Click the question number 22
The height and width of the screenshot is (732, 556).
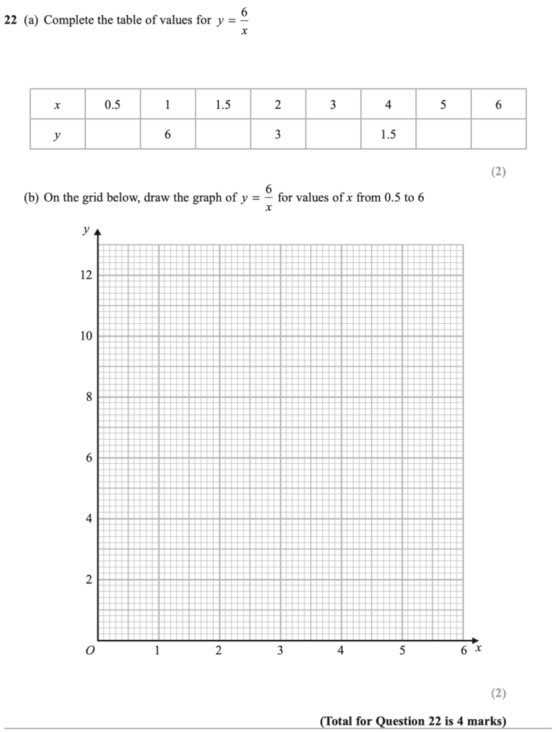point(10,20)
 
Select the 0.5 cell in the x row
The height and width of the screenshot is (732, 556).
point(112,104)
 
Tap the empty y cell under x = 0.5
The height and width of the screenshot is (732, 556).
point(112,134)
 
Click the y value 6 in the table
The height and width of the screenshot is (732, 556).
point(167,134)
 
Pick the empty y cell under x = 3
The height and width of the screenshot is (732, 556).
point(333,134)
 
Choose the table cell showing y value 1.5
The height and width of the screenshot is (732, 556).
point(388,134)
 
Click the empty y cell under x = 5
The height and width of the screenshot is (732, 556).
point(443,134)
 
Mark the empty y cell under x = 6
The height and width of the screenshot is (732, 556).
point(498,134)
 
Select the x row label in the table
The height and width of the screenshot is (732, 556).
point(57,104)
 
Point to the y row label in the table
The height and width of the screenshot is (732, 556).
point(57,134)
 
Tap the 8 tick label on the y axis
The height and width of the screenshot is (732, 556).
point(89,397)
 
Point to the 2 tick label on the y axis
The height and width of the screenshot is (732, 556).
point(89,580)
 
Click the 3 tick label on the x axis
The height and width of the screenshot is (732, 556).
point(280,651)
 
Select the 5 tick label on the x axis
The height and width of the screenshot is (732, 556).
point(402,651)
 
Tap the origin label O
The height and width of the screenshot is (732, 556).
point(89,651)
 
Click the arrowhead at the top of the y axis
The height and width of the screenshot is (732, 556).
point(98,232)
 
